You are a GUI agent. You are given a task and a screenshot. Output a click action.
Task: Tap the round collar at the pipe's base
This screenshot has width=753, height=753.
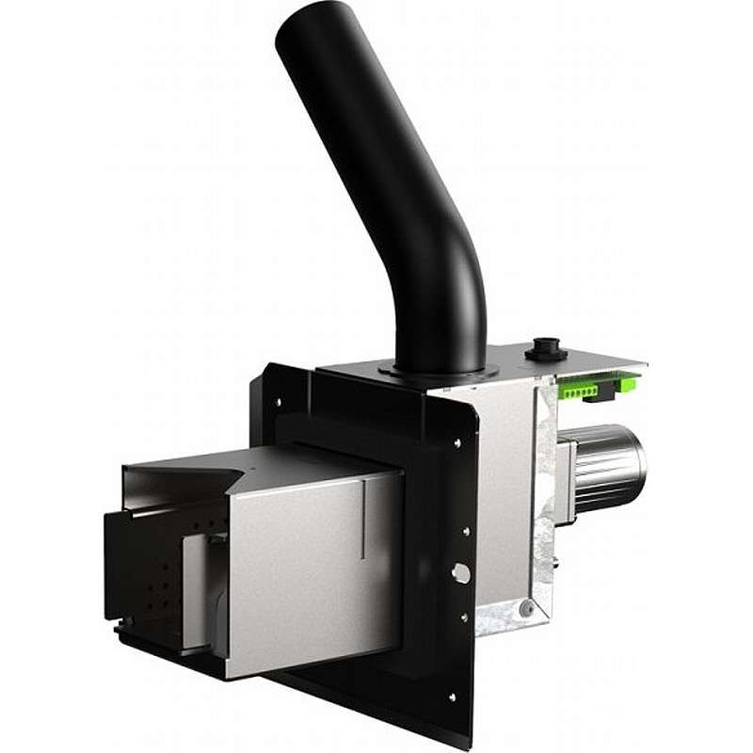click(x=437, y=372)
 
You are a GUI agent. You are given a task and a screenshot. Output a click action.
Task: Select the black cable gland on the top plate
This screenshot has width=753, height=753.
click(x=545, y=346)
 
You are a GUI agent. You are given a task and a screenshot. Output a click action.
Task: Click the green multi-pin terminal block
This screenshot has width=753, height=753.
click(x=576, y=385)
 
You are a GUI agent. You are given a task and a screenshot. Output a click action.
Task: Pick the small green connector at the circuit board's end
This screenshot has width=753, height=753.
click(x=621, y=381)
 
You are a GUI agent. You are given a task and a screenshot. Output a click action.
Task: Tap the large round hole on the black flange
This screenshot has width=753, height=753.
click(x=459, y=572)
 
